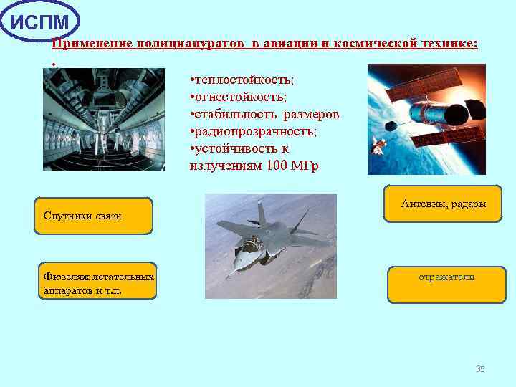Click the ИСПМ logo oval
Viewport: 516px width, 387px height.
coord(41,21)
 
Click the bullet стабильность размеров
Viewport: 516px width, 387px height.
coord(264,115)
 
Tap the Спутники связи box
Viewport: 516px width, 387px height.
coord(94,216)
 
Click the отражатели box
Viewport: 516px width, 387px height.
coord(446,284)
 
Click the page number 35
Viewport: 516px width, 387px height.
coord(480,369)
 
